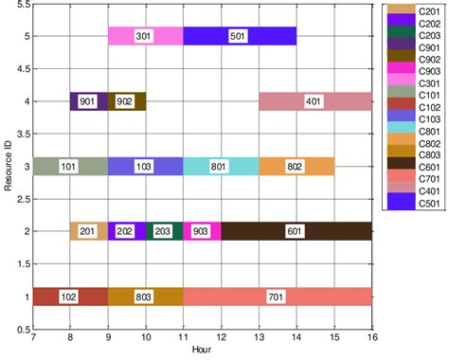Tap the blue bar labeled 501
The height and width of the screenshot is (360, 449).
click(x=239, y=36)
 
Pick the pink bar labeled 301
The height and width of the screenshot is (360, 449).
click(x=145, y=36)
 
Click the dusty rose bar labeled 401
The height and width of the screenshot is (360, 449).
click(x=314, y=101)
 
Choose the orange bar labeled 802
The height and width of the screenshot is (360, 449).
click(x=296, y=166)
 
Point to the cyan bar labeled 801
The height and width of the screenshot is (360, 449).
click(x=220, y=166)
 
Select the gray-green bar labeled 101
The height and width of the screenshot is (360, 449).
click(x=69, y=166)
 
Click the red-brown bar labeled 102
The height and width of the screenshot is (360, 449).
click(x=69, y=297)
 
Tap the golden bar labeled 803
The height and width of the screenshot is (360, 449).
click(x=145, y=297)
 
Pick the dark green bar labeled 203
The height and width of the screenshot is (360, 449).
click(x=163, y=231)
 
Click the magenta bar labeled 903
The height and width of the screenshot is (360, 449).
click(x=201, y=231)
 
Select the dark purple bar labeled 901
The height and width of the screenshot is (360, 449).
click(x=87, y=101)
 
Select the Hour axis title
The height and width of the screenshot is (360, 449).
click(x=202, y=351)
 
